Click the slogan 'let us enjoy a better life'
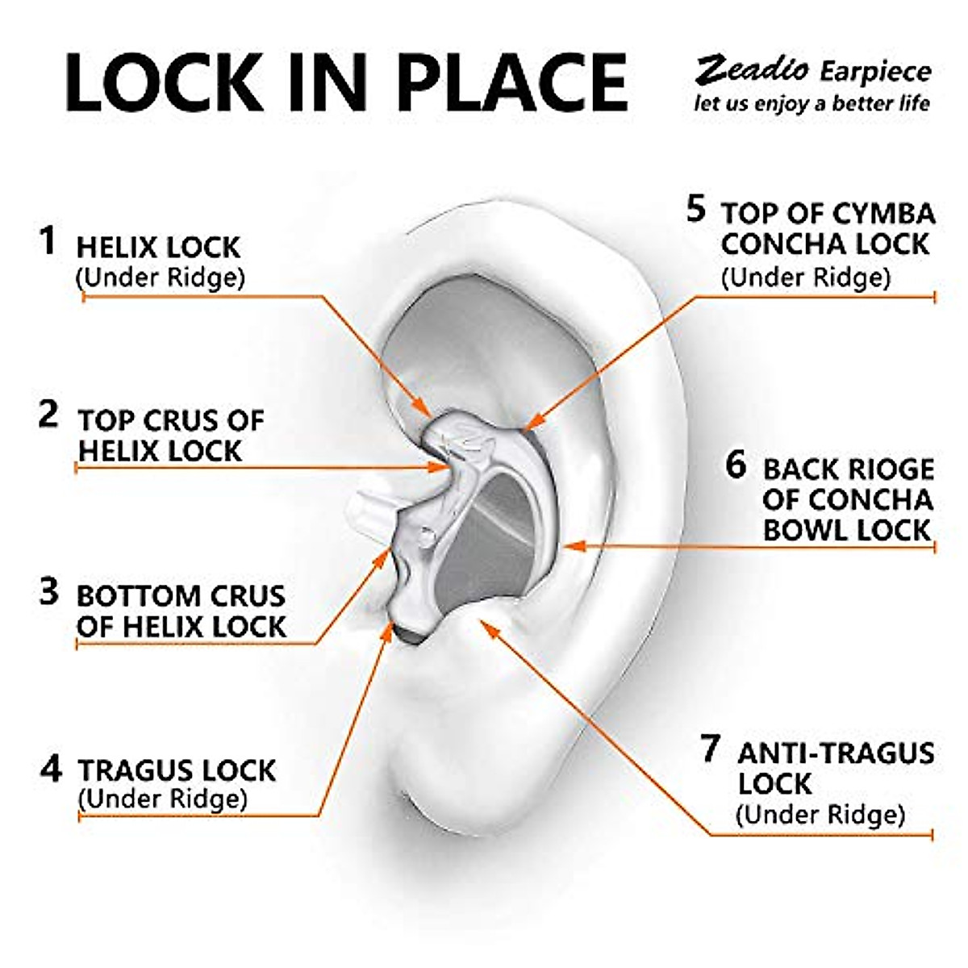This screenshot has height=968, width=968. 812,104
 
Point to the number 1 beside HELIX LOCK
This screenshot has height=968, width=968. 49,241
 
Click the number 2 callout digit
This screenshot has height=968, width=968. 49,415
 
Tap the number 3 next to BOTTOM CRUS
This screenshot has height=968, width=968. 49,591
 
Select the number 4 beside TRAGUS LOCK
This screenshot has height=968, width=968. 51,768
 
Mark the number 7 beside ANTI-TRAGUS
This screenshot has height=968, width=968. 710,749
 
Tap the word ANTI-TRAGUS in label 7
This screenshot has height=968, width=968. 836,753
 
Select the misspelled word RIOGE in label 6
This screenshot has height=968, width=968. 885,469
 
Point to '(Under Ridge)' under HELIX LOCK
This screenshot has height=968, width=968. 160,277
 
